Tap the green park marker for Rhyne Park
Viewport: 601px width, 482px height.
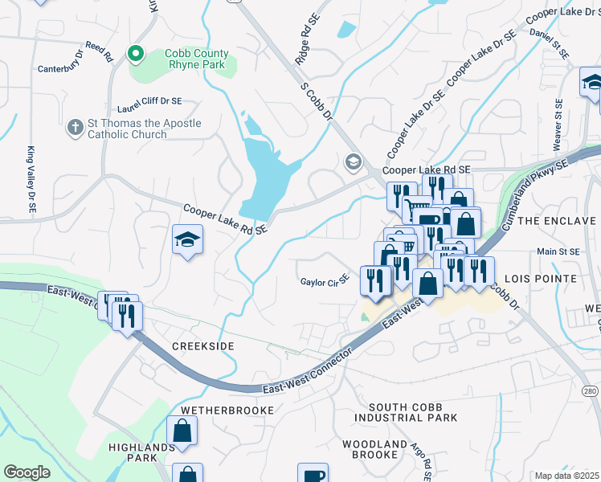pyautogui.click(x=136, y=54)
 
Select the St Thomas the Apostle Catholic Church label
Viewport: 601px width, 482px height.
pyautogui.click(x=145, y=129)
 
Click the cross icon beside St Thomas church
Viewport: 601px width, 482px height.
pyautogui.click(x=75, y=128)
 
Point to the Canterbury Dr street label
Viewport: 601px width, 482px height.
pyautogui.click(x=59, y=69)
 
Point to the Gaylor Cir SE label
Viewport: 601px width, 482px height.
pyautogui.click(x=324, y=282)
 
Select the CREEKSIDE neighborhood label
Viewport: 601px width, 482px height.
pyautogui.click(x=202, y=345)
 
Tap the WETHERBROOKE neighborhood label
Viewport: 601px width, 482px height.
pyautogui.click(x=227, y=410)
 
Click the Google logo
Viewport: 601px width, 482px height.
pyautogui.click(x=27, y=472)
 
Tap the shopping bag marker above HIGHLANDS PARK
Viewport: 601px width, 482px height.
pyautogui.click(x=182, y=431)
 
